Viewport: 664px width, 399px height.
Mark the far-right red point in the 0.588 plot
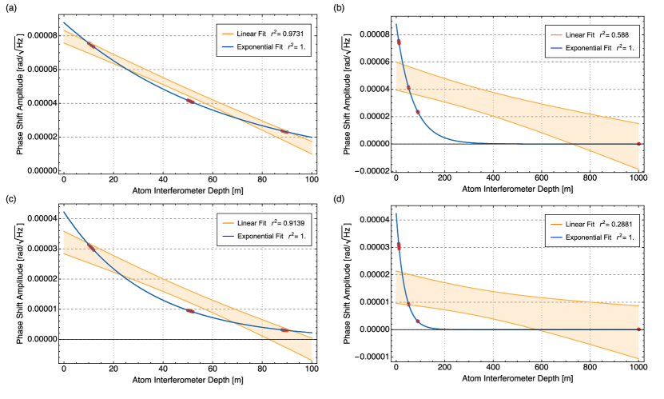pyautogui.click(x=638, y=144)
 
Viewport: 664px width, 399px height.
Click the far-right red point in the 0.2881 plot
pyautogui.click(x=638, y=329)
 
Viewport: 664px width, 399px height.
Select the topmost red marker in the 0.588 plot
pyautogui.click(x=398, y=41)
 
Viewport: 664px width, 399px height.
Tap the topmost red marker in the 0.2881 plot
pyautogui.click(x=398, y=245)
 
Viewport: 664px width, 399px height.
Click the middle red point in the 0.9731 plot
pyautogui.click(x=190, y=102)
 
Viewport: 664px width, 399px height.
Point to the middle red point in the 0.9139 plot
pyautogui.click(x=190, y=311)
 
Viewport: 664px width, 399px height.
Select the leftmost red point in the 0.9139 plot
pyautogui.click(x=92, y=249)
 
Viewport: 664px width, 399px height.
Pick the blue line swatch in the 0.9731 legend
pyautogui.click(x=226, y=48)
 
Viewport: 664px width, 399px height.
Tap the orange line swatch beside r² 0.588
pyautogui.click(x=555, y=34)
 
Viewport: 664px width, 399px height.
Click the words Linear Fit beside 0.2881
pyautogui.click(x=580, y=225)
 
